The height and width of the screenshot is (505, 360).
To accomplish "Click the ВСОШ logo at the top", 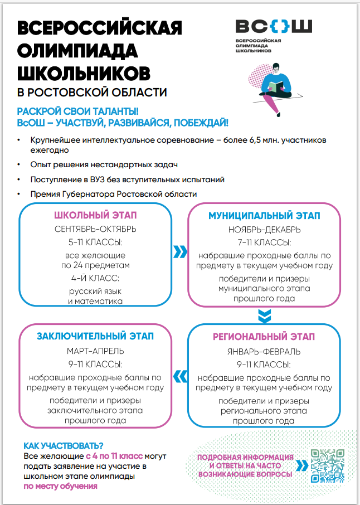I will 273,26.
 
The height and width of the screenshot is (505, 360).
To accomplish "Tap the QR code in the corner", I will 327,465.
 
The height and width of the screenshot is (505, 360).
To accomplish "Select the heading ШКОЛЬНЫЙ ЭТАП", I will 95,216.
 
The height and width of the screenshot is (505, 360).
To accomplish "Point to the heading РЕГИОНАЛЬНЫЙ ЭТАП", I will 264,337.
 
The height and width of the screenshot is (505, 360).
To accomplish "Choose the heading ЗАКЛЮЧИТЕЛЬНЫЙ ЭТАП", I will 95,336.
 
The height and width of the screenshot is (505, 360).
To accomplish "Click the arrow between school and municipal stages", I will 179,252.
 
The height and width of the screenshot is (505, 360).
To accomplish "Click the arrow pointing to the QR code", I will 301,465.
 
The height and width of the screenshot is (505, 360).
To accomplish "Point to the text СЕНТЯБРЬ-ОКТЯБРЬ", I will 95,229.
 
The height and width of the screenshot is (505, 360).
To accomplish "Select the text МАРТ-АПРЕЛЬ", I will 95,351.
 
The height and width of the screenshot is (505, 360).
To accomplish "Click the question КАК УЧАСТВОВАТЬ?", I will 63,445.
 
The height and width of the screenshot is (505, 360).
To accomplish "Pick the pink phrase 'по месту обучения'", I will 60,486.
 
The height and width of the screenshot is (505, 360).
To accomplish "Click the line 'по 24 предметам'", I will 95,265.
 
